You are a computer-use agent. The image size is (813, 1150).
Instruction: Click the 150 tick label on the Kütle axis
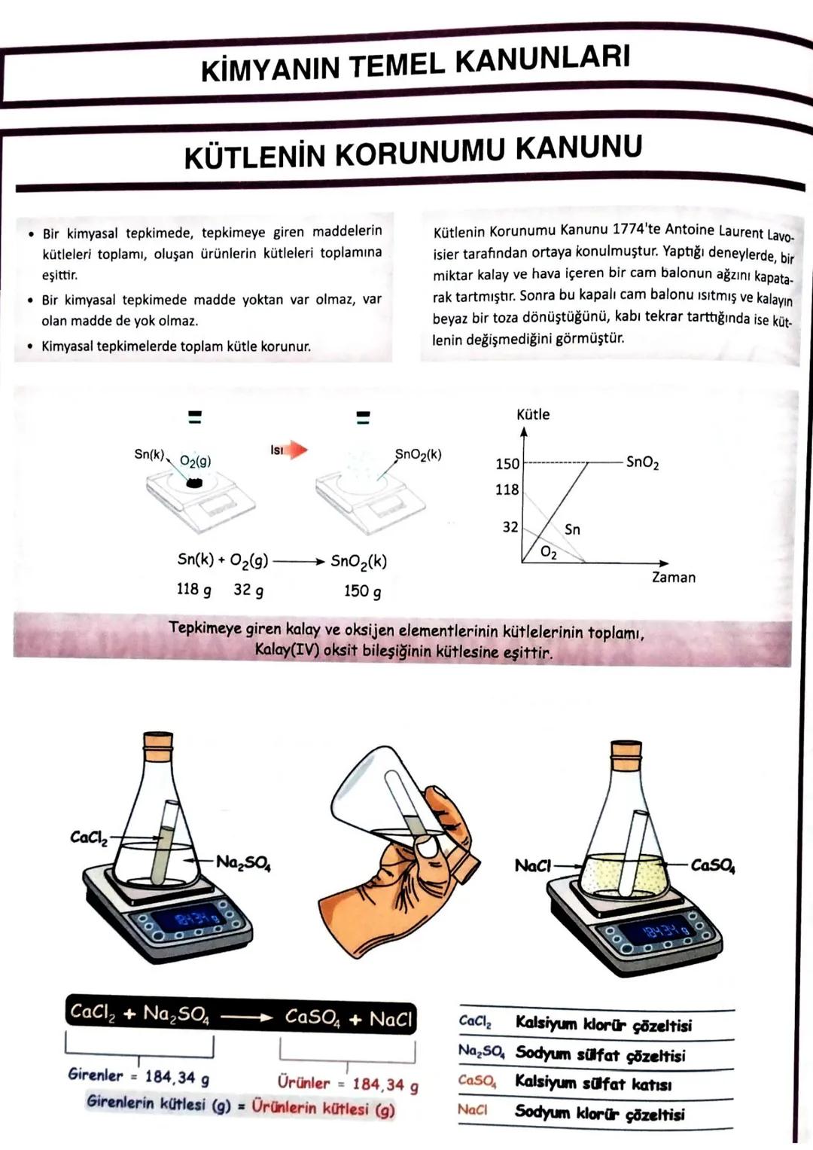pyautogui.click(x=507, y=464)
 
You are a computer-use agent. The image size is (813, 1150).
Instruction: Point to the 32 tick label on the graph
pyautogui.click(x=510, y=526)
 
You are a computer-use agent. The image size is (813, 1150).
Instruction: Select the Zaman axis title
pyautogui.click(x=673, y=578)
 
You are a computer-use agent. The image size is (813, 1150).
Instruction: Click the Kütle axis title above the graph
pyautogui.click(x=533, y=414)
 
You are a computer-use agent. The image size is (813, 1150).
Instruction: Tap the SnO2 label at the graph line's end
pyautogui.click(x=642, y=462)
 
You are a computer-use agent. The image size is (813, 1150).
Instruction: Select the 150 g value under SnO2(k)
pyautogui.click(x=362, y=591)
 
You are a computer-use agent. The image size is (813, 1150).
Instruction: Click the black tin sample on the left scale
pyautogui.click(x=194, y=483)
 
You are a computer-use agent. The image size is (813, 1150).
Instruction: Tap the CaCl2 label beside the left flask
pyautogui.click(x=88, y=837)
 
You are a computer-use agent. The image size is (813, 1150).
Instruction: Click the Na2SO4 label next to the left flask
pyautogui.click(x=243, y=862)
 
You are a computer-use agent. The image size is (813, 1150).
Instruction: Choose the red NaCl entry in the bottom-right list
pyautogui.click(x=472, y=1110)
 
